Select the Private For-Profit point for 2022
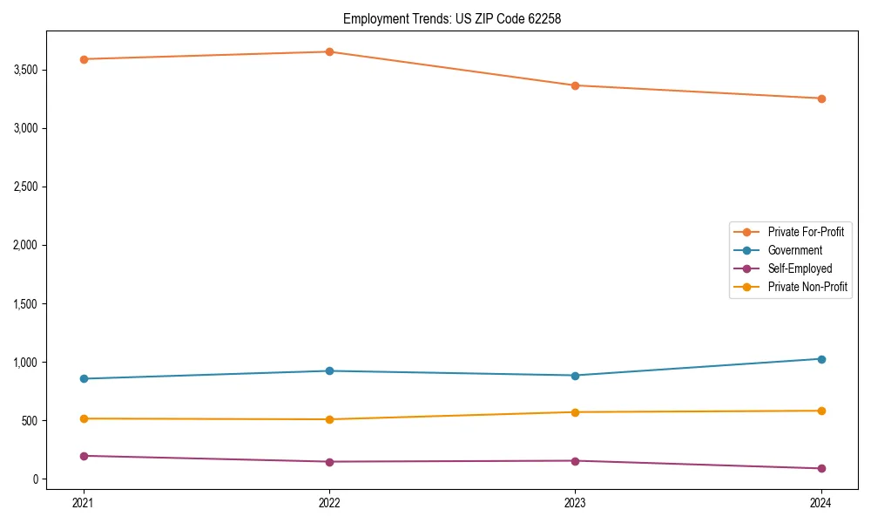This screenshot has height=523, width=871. click(x=329, y=51)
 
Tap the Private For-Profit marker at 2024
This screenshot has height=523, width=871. click(x=821, y=98)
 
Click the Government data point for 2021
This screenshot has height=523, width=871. click(x=84, y=378)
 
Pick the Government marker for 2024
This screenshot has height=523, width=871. click(x=821, y=359)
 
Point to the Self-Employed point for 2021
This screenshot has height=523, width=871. click(x=84, y=456)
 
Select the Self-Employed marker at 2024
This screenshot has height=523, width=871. click(x=821, y=468)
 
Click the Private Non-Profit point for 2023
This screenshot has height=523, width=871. click(x=575, y=412)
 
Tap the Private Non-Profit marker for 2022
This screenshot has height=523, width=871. click(x=329, y=419)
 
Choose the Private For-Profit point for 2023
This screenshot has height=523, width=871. click(x=575, y=85)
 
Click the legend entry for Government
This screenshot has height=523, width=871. click(x=794, y=250)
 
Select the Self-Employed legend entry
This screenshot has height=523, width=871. click(x=800, y=268)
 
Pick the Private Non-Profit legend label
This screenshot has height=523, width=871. click(x=807, y=287)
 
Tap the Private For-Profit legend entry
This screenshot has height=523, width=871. click(x=805, y=232)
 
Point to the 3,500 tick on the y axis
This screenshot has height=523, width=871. click(x=24, y=70)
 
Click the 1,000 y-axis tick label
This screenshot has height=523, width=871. click(x=24, y=363)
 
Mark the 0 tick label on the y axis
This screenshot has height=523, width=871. click(x=35, y=479)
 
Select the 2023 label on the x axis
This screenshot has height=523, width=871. click(x=575, y=502)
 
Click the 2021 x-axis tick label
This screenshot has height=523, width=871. click(x=84, y=502)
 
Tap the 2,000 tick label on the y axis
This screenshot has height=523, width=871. click(x=24, y=246)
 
